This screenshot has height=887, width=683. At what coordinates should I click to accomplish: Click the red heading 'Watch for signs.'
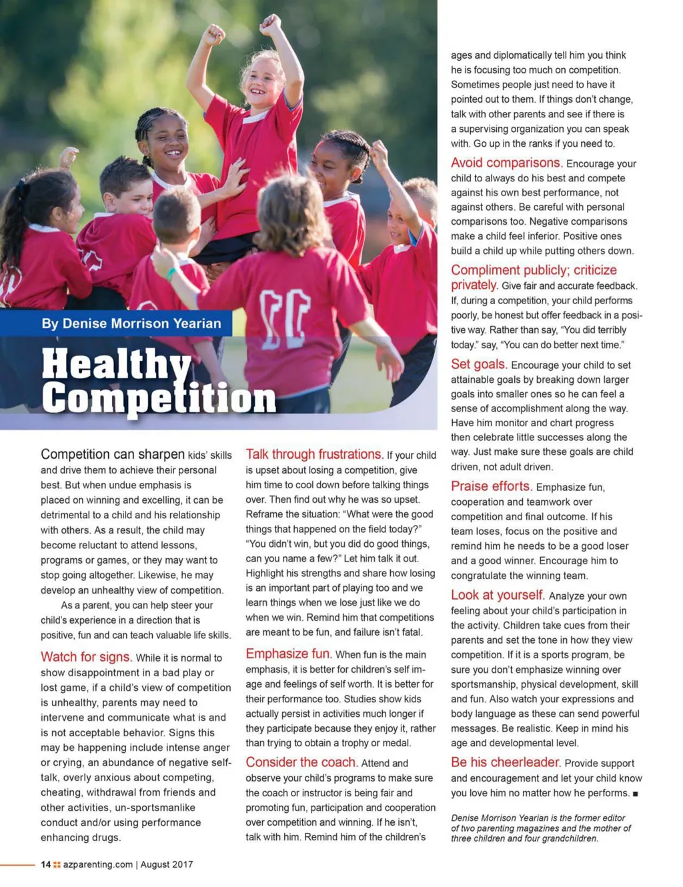[86, 657]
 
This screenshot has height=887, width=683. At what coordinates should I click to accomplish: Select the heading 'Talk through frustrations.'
[314, 454]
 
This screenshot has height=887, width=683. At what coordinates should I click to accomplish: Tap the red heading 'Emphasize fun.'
[288, 654]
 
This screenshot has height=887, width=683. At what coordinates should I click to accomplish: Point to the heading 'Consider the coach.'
[301, 762]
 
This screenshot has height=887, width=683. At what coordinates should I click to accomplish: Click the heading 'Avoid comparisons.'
[506, 163]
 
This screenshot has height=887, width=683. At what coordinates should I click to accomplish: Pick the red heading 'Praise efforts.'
[491, 486]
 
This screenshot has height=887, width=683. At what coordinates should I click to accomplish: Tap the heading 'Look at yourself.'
[498, 595]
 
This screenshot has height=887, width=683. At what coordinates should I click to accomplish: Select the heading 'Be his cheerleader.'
[505, 762]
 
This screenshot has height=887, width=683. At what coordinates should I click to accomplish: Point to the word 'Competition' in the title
[159, 398]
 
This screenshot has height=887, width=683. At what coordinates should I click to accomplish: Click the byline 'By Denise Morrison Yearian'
[131, 323]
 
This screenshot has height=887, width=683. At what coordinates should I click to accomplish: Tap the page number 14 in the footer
[45, 864]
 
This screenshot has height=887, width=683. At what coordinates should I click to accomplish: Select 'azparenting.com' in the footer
[98, 864]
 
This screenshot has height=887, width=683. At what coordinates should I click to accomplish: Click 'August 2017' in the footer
[167, 864]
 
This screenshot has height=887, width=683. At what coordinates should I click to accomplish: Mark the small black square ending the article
[636, 794]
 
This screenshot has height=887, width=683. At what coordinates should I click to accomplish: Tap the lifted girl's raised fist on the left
[213, 35]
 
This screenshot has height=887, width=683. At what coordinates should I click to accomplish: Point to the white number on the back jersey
[284, 313]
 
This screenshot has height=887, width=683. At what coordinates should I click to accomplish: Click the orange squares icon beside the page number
[57, 865]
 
